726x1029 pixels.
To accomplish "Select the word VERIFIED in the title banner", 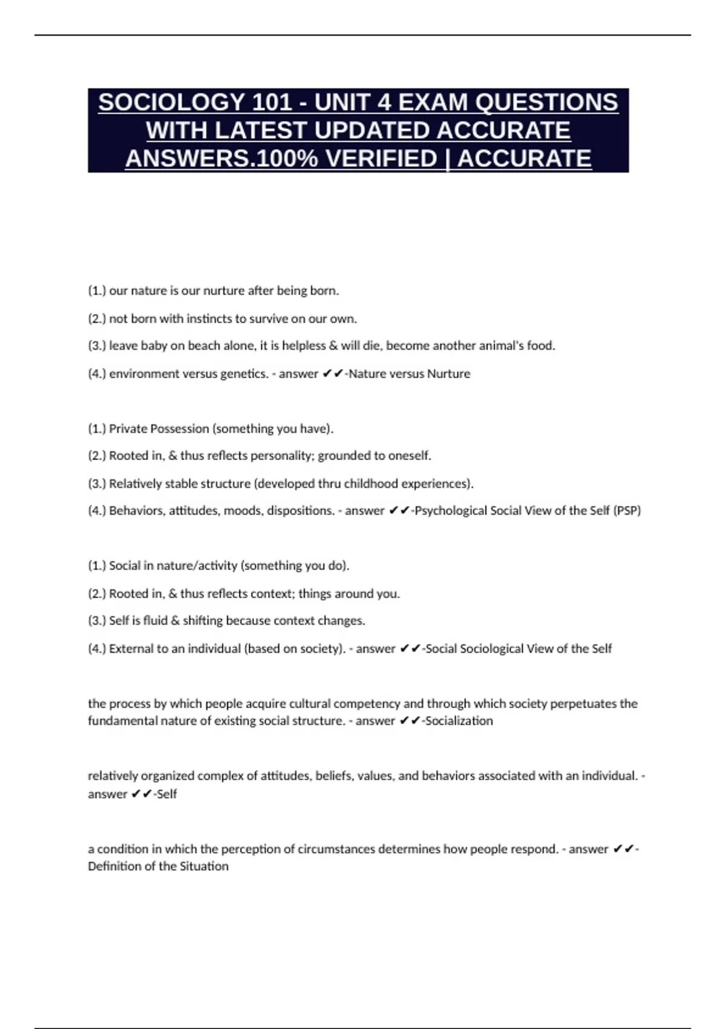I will pyautogui.click(x=381, y=159).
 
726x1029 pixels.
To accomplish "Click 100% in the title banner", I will pyautogui.click(x=288, y=159).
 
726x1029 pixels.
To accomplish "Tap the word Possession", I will pyautogui.click(x=180, y=429).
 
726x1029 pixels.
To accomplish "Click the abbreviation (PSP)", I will pyautogui.click(x=627, y=510).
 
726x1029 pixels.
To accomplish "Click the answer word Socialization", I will pyautogui.click(x=459, y=720).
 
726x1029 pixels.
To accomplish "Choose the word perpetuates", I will pyautogui.click(x=568, y=703).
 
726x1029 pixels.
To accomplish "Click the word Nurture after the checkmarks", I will pyautogui.click(x=448, y=373).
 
